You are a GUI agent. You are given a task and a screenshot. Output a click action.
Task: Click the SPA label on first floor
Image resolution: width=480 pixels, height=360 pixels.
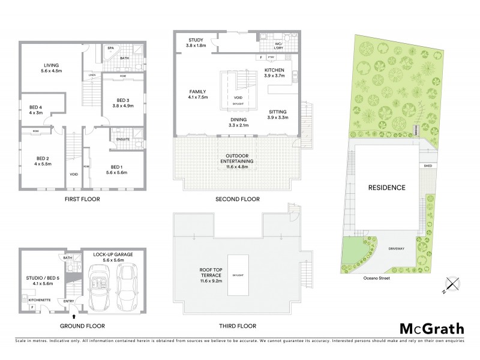[x=110, y=47]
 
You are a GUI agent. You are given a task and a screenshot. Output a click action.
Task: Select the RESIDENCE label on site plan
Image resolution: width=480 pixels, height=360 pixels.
[x=386, y=188]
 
